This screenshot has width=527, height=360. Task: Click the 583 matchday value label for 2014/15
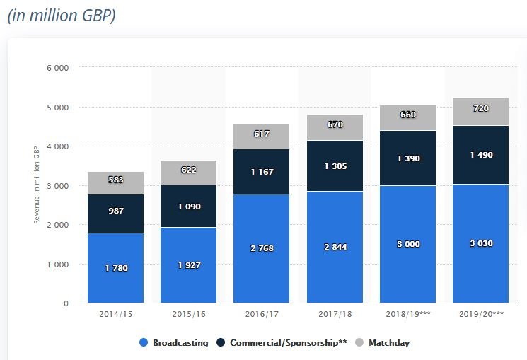116,180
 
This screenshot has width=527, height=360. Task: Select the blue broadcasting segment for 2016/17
262,249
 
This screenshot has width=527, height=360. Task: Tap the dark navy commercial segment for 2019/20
480,155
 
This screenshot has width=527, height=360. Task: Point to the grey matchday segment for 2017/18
335,127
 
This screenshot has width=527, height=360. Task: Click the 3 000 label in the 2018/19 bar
408,244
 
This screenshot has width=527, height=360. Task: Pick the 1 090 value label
189,207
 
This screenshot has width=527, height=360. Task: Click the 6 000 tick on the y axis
58,68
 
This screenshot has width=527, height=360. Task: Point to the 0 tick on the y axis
66,303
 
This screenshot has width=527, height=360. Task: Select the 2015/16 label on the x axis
189,314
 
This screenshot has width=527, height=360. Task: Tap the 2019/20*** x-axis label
481,314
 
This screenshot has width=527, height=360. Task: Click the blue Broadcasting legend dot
144,342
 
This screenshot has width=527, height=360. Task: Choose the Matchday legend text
389,343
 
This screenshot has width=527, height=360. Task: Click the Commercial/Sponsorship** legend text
289,343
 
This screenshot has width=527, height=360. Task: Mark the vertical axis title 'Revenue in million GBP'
37,185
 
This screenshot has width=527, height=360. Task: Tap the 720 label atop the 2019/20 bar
481,108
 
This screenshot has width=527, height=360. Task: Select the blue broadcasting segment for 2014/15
115,268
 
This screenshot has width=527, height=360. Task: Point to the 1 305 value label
335,166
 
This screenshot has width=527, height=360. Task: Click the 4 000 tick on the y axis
58,146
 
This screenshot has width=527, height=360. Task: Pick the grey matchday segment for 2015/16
189,173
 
